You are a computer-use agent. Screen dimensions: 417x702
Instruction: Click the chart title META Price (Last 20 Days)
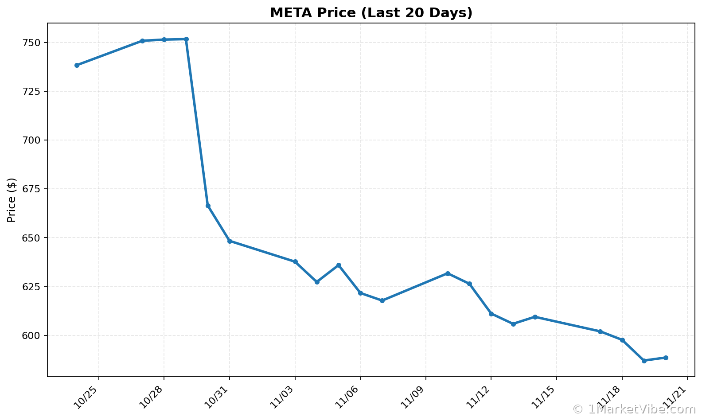point(371,13)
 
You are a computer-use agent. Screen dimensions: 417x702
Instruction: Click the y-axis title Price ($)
point(12,200)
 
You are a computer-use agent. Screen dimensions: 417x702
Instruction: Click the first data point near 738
point(77,65)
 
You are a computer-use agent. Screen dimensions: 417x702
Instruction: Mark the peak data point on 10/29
point(186,39)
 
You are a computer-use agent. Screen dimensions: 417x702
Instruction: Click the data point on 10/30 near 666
point(208,206)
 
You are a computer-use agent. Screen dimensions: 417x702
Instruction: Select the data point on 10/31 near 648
point(230,241)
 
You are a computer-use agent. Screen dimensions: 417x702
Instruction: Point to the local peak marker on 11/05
point(339,265)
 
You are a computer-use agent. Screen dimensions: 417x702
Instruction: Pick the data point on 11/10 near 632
point(448,273)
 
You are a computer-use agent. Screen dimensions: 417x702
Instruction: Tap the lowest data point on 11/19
point(644,361)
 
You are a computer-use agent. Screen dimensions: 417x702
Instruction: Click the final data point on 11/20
point(666,358)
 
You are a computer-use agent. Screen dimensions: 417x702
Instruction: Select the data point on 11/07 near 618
point(382,300)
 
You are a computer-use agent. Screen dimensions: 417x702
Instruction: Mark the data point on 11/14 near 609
point(535,317)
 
